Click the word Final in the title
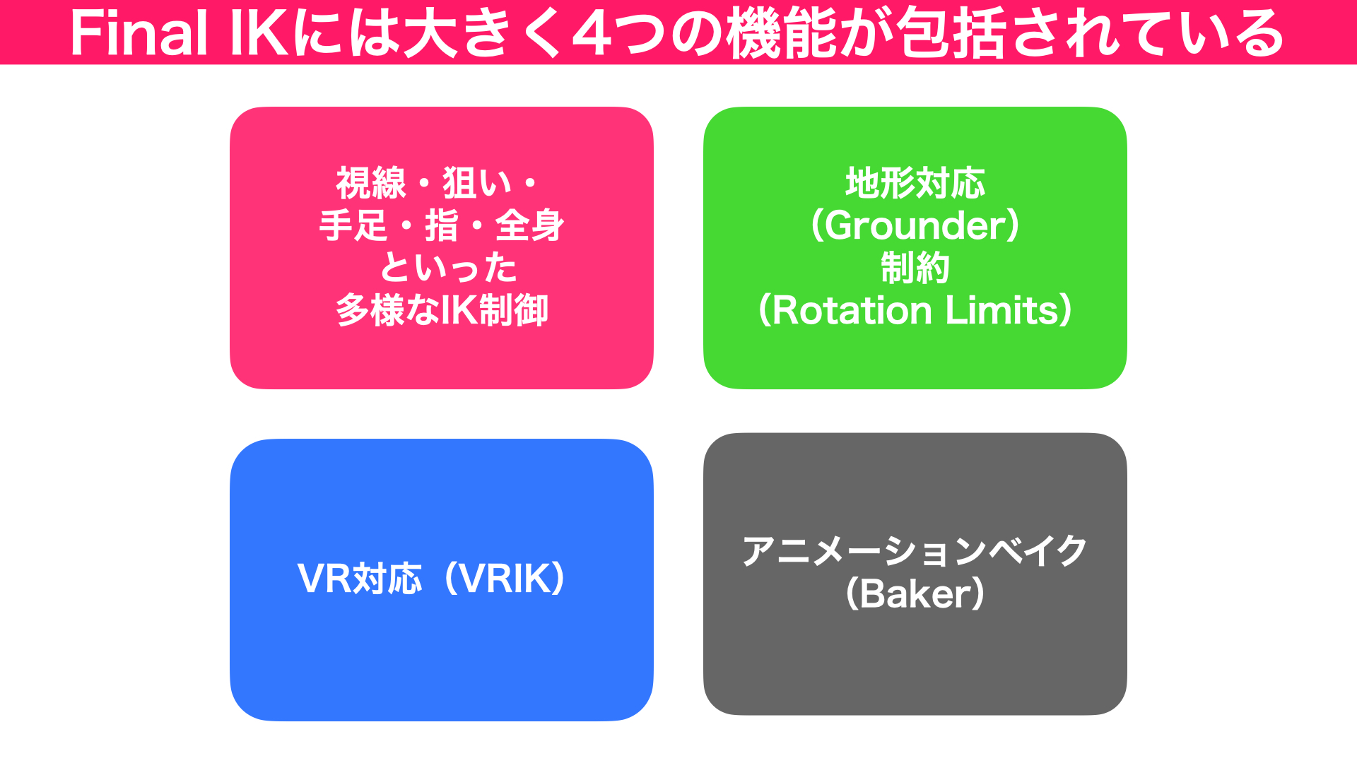point(139,34)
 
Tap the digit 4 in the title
point(592,34)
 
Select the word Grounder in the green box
point(915,225)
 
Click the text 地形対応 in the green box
point(915,183)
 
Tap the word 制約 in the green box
point(915,268)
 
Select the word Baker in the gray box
point(915,593)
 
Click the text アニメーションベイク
point(915,551)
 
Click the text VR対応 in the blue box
point(360,579)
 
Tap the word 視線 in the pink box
point(371,183)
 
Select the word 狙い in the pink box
point(477,183)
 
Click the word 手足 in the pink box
point(353,225)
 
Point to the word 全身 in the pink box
point(530,225)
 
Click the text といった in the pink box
point(449,268)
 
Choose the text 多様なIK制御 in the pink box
point(442,310)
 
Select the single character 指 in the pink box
point(442,225)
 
